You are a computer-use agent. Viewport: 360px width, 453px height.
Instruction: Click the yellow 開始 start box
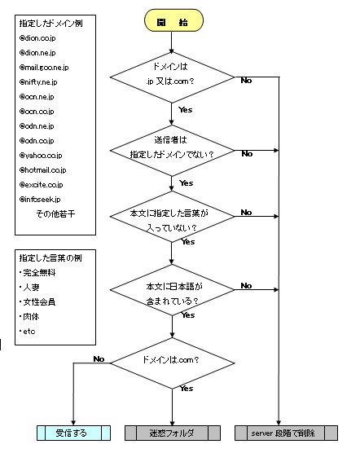(x=173, y=20)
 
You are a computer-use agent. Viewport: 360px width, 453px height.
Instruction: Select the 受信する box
(x=73, y=433)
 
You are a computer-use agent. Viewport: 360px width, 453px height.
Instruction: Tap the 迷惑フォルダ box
(x=173, y=433)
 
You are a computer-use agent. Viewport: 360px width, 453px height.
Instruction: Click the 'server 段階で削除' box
(x=286, y=433)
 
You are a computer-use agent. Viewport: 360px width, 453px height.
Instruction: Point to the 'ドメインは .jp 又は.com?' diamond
(x=172, y=77)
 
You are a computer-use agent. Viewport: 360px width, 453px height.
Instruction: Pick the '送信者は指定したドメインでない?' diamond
(x=172, y=151)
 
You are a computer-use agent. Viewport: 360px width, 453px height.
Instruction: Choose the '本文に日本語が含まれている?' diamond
(x=172, y=290)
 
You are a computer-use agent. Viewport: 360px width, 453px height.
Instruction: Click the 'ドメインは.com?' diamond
(x=173, y=363)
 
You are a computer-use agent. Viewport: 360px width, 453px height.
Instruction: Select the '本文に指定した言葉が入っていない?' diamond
(x=172, y=217)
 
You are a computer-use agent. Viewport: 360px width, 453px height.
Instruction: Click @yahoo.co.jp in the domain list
(x=41, y=156)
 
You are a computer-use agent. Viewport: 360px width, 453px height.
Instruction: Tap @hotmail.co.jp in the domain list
(x=42, y=169)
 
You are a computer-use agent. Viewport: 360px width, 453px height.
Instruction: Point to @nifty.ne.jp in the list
(x=38, y=82)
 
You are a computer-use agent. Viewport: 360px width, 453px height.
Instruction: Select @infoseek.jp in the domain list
(x=40, y=200)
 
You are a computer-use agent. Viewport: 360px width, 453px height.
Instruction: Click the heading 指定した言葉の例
(x=50, y=257)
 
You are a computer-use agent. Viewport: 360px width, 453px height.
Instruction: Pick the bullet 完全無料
(x=37, y=272)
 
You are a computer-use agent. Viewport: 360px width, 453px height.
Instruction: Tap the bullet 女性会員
(x=37, y=302)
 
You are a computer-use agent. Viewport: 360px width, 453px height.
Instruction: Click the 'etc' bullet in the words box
(x=28, y=332)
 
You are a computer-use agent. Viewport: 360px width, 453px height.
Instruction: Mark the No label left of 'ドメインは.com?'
(x=99, y=358)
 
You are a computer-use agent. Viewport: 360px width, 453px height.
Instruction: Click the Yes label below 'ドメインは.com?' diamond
(x=187, y=389)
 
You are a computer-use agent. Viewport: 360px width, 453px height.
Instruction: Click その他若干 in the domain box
(x=55, y=213)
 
